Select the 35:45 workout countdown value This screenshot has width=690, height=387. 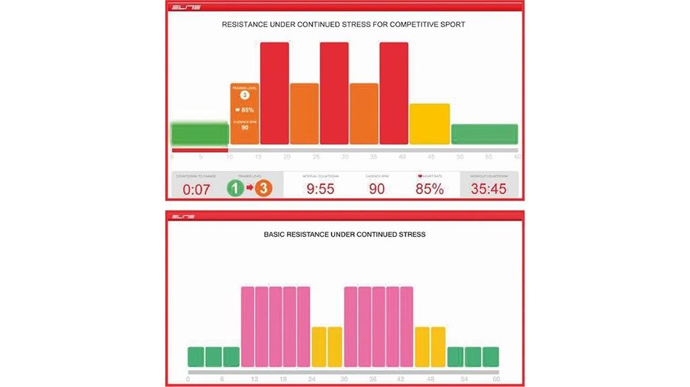tap(489, 188)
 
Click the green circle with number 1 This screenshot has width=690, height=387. tap(234, 188)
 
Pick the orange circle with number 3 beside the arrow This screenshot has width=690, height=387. tap(263, 188)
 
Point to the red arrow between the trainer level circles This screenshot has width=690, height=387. tap(249, 188)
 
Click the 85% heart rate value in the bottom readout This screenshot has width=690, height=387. tap(429, 188)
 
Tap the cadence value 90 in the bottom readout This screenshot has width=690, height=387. tap(376, 188)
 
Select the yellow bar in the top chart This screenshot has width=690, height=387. tap(429, 124)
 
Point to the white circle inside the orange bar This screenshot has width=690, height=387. tap(245, 96)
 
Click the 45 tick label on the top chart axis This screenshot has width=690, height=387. tap(431, 156)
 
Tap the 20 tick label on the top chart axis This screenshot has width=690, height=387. tap(288, 156)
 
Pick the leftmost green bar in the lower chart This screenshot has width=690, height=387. tap(195, 357)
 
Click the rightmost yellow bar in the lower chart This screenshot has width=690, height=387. tap(438, 347)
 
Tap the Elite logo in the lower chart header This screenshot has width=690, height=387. tap(183, 217)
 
